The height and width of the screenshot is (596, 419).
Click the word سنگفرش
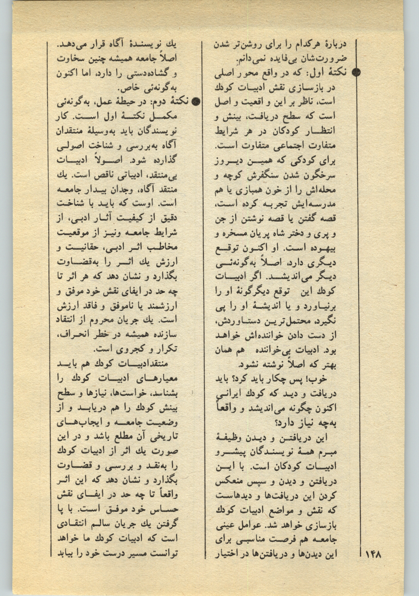click(x=264, y=176)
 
